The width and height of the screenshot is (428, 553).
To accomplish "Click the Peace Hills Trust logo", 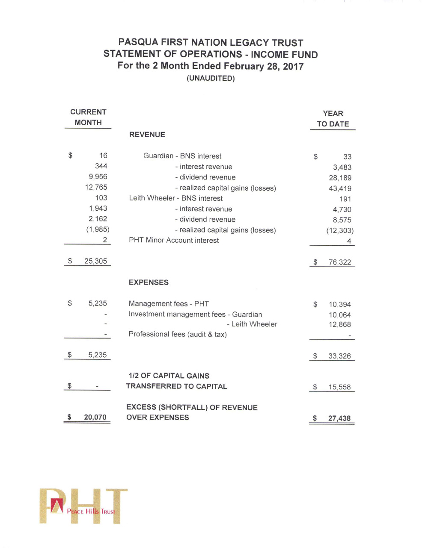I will [83, 506].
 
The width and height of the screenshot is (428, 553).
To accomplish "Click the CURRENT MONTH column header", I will [88, 117].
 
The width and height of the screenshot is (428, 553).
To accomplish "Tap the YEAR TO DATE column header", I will [333, 119].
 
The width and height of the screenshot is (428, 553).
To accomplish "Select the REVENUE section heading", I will [147, 135].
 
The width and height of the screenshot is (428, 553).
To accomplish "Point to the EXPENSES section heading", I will [149, 282].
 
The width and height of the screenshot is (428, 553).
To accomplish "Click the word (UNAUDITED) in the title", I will [211, 78].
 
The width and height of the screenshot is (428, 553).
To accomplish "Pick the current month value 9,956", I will [98, 176].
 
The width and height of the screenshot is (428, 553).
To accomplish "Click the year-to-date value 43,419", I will [340, 188].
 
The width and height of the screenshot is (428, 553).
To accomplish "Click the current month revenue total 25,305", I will [95, 261].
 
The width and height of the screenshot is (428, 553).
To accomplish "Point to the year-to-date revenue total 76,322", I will [340, 262].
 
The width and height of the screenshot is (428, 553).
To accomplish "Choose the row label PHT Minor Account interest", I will [174, 240].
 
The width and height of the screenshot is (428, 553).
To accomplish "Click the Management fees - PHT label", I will [169, 303].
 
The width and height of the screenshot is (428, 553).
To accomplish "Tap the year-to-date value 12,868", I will [340, 324].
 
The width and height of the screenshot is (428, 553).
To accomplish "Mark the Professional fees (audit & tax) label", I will [178, 334].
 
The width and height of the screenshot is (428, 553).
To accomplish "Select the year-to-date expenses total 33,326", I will [339, 356].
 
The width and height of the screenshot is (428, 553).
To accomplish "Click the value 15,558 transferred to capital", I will [339, 387].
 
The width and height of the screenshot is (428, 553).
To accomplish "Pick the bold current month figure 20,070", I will [95, 417].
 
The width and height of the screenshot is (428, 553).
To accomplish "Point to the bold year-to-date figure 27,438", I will [339, 418].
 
